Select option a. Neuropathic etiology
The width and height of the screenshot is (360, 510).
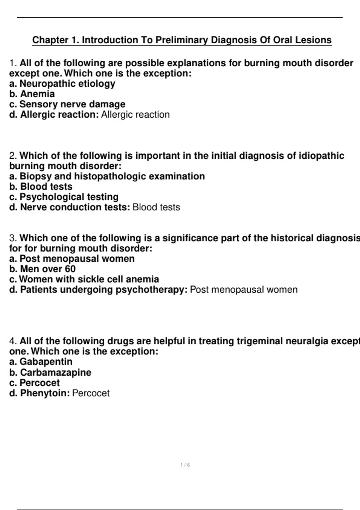62,83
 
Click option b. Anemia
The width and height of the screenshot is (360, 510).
32,94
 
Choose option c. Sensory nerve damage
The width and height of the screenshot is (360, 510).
67,104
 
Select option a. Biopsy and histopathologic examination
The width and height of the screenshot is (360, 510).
107,176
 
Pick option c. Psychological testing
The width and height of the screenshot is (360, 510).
64,197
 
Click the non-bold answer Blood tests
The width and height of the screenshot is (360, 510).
156,207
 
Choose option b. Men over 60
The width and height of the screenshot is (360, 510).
42,269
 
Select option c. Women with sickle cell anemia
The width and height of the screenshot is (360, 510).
84,279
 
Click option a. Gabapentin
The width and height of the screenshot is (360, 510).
41,361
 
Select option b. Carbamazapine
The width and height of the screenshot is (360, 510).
50,372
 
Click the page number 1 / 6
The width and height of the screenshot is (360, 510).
185,465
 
